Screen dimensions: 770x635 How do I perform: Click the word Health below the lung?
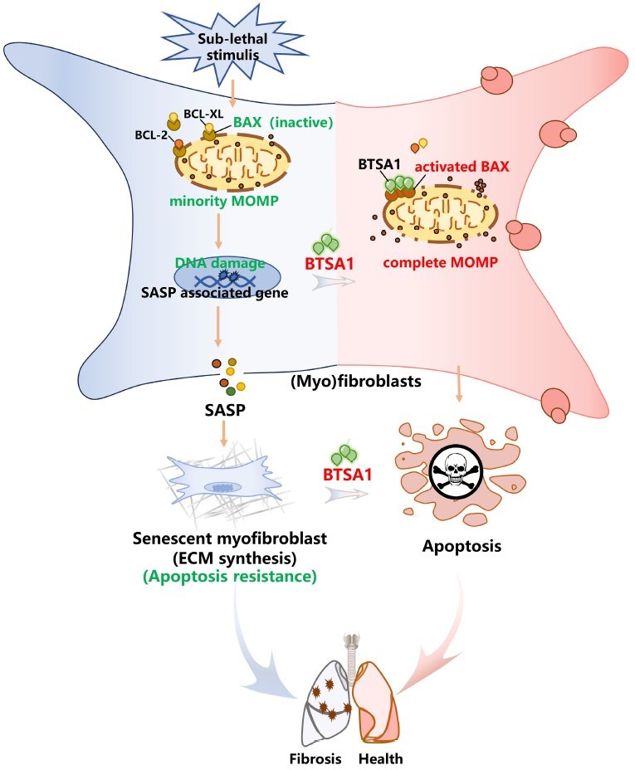381,758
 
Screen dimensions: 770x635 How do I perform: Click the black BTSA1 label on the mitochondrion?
381,165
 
